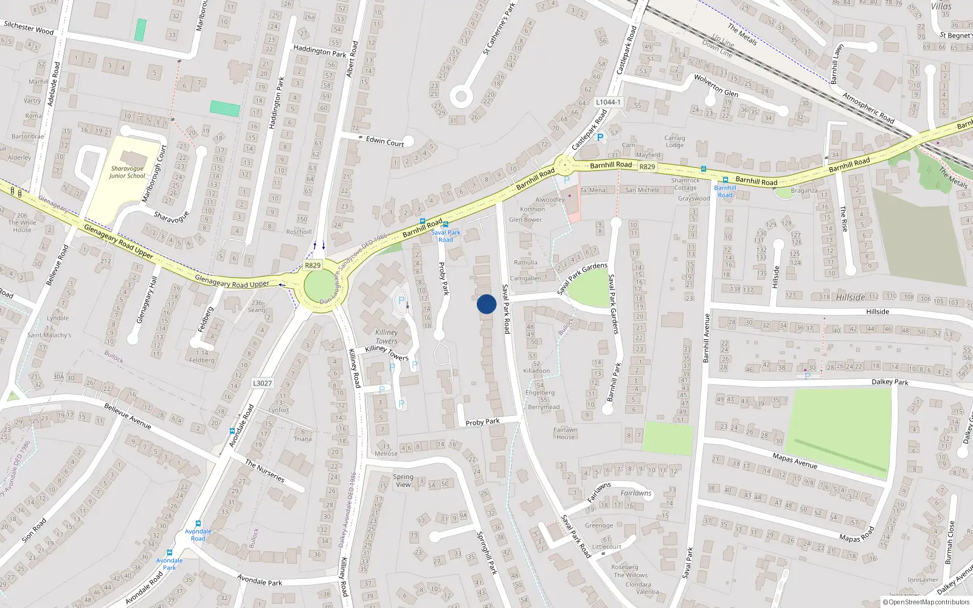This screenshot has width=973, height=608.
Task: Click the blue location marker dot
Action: pyautogui.click(x=486, y=304)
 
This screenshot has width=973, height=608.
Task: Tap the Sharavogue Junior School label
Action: pyautogui.click(x=127, y=172)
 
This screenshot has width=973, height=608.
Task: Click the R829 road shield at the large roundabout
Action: pyautogui.click(x=313, y=266)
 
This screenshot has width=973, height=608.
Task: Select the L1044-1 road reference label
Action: pyautogui.click(x=608, y=102)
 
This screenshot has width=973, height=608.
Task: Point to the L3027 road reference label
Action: pyautogui.click(x=262, y=383)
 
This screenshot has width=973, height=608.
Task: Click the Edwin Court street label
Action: pyautogui.click(x=384, y=141)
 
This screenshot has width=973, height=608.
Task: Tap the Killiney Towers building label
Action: pyautogui.click(x=386, y=336)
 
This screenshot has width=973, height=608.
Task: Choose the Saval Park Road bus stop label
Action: pyautogui.click(x=446, y=236)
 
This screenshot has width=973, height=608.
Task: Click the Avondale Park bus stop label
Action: pyautogui.click(x=169, y=564)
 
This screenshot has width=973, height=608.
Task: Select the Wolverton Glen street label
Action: pyautogui.click(x=716, y=86)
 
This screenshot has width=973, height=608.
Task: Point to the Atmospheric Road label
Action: pyautogui.click(x=868, y=108)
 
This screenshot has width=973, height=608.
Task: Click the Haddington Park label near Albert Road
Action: pyautogui.click(x=319, y=51)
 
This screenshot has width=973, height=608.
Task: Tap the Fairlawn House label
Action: pyautogui.click(x=565, y=433)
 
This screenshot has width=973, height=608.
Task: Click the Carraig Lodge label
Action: pyautogui.click(x=674, y=141)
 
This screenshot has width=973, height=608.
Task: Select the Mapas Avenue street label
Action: pyautogui.click(x=795, y=461)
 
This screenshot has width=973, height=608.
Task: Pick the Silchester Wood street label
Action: pyautogui.click(x=29, y=28)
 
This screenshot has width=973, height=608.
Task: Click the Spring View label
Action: pyautogui.click(x=403, y=480)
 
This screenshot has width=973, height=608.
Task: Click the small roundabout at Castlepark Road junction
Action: pyautogui.click(x=564, y=164)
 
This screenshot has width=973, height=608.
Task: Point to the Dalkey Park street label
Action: pyautogui.click(x=890, y=382)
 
